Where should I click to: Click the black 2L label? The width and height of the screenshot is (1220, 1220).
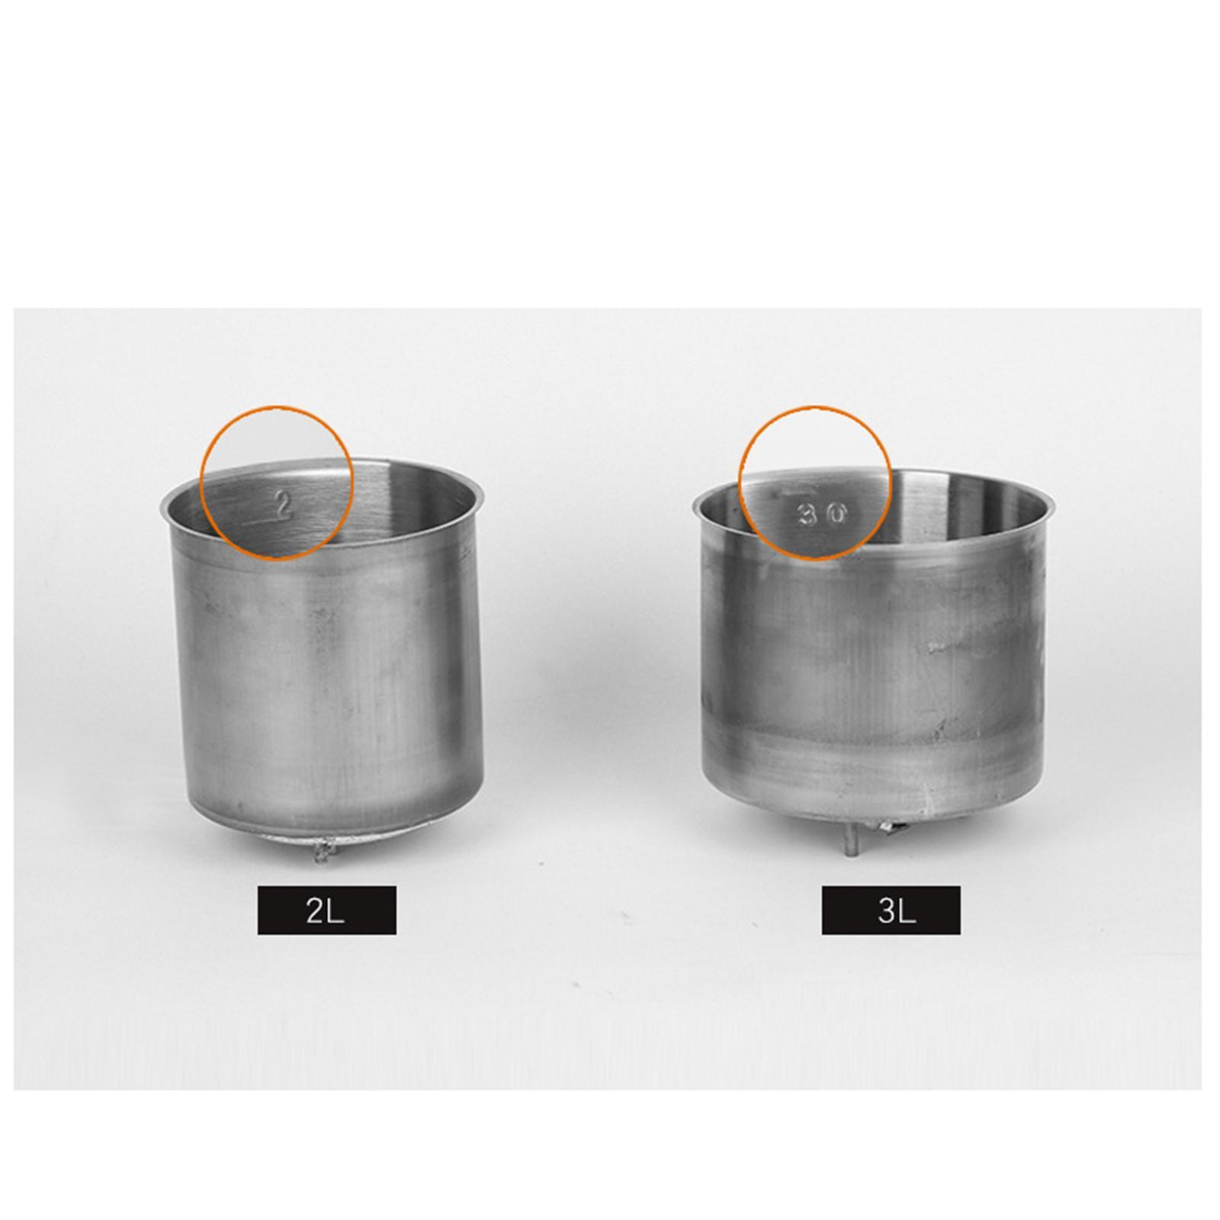326,910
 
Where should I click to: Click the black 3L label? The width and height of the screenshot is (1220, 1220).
891,910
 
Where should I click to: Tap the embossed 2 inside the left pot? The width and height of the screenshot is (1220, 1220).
284,506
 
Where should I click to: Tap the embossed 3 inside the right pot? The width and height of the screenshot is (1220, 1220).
806,515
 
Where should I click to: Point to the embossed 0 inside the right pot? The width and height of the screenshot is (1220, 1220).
836,515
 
